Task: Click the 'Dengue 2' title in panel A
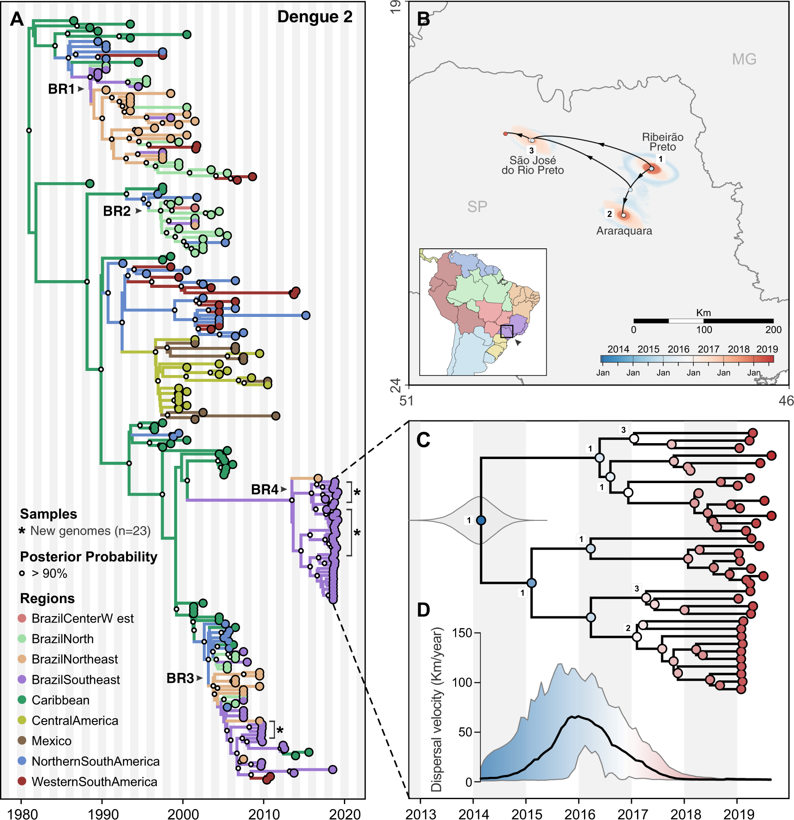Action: click(x=314, y=17)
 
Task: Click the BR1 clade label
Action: click(x=61, y=89)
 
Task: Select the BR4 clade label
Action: click(x=265, y=489)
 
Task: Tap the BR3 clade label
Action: click(x=180, y=678)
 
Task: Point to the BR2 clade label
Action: click(x=117, y=211)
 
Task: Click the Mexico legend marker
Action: click(x=22, y=741)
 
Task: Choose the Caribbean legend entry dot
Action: click(x=22, y=700)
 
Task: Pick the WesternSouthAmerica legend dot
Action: click(x=22, y=781)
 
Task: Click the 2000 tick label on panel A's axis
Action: click(x=183, y=814)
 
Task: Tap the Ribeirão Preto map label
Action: click(x=662, y=142)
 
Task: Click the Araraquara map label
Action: click(x=624, y=231)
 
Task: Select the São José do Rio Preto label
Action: click(x=533, y=165)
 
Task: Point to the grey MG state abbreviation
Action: click(x=744, y=59)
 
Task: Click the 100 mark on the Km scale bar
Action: click(x=704, y=330)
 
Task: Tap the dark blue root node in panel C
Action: click(x=481, y=520)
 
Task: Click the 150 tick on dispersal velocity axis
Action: click(x=462, y=633)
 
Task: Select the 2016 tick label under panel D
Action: click(x=579, y=814)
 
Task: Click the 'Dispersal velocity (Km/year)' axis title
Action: click(x=436, y=709)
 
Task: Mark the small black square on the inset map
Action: click(x=506, y=331)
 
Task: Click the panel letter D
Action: click(x=423, y=610)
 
